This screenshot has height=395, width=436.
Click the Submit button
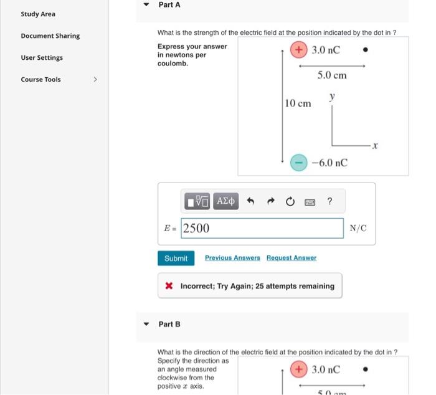[176, 258]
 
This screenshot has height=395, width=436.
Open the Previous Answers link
[232, 258]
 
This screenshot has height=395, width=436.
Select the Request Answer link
[291, 258]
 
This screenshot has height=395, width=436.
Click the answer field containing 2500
[262, 228]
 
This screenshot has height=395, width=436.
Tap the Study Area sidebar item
[38, 14]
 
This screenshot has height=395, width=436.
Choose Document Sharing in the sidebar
[50, 36]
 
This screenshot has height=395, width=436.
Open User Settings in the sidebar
[42, 57]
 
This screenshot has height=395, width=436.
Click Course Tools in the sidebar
[41, 79]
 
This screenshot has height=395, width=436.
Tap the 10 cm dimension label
[298, 103]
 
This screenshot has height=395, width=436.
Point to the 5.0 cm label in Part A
[331, 75]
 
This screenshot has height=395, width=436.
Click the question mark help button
[329, 201]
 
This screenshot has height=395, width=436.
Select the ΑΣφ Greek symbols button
[226, 201]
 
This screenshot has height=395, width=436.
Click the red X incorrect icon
[169, 286]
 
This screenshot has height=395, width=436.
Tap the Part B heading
[169, 324]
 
